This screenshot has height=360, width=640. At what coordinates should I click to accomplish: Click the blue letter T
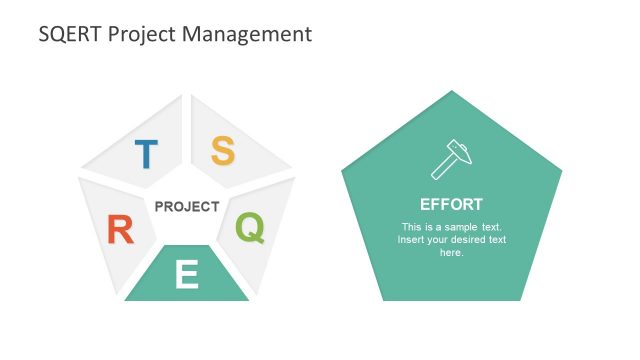(146, 154)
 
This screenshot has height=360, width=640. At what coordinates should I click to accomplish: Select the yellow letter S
(223, 151)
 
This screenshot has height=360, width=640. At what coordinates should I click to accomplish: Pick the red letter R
(120, 231)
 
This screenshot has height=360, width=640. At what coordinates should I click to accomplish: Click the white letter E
(186, 274)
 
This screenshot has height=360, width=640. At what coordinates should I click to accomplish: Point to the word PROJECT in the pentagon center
(187, 207)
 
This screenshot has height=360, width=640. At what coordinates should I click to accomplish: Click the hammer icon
(450, 158)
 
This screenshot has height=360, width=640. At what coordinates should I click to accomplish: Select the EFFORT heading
(451, 204)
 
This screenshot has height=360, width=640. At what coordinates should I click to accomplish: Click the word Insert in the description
(412, 240)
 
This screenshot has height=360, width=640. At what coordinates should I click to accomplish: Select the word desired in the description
(467, 240)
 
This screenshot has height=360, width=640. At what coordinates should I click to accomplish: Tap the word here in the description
(451, 253)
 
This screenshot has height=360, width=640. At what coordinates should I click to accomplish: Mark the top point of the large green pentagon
(452, 91)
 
